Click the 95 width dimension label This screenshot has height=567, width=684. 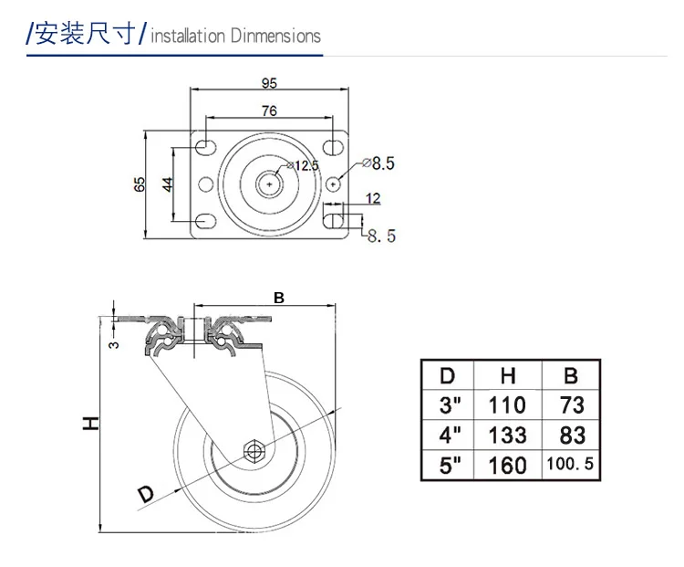(269, 83)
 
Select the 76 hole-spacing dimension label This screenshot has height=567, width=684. (269, 110)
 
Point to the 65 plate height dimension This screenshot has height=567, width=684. (140, 184)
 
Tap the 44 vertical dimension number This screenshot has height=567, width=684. (168, 184)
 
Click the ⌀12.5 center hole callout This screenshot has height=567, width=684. (303, 165)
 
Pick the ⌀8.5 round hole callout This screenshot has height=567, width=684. (378, 163)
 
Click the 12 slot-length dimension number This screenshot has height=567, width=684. (373, 198)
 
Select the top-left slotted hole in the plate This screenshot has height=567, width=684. (205, 147)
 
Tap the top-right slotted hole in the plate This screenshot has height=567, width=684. (334, 147)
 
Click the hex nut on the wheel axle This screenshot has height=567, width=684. (253, 450)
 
